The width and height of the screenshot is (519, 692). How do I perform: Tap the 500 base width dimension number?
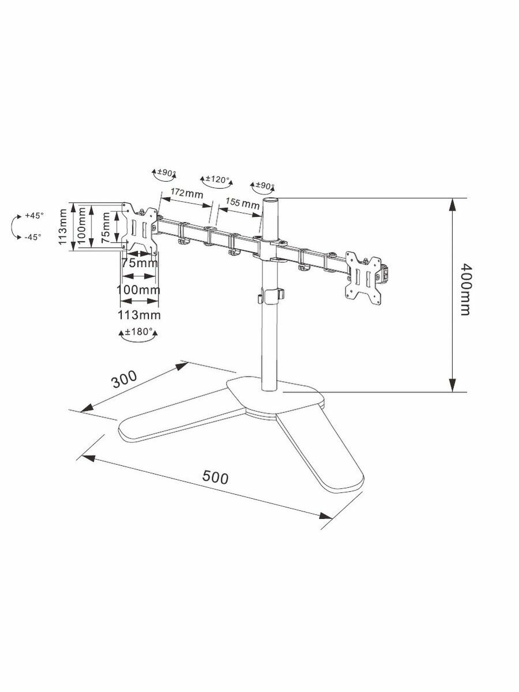tap(216, 477)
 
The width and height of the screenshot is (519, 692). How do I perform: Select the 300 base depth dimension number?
tap(124, 381)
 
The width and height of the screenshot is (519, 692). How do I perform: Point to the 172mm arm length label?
tap(186, 193)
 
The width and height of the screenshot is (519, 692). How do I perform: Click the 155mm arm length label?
tap(242, 203)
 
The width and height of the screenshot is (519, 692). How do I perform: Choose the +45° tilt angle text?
tap(33, 215)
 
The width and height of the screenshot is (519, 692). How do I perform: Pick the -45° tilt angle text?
tap(33, 237)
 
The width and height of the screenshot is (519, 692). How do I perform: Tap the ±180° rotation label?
tap(139, 332)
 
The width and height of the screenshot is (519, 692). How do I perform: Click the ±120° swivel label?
tap(217, 179)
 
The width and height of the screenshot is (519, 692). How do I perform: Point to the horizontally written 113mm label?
tap(139, 315)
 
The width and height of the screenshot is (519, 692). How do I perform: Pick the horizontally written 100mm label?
tap(138, 289)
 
